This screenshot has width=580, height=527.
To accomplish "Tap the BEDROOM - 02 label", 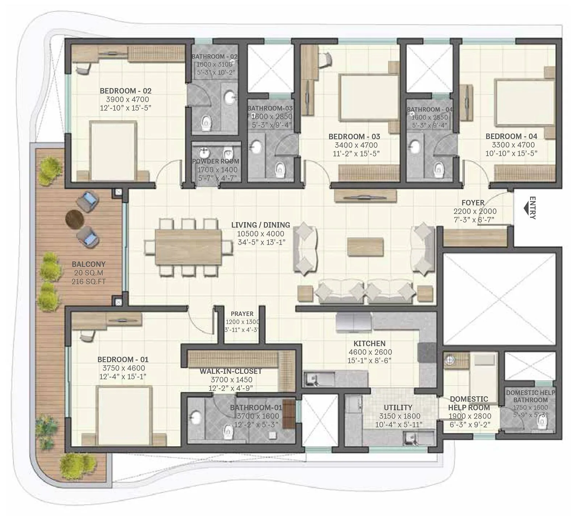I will click(x=125, y=91).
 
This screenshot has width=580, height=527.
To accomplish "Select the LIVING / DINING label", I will click(x=261, y=225).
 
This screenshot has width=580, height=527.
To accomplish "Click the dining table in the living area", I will click(x=188, y=247).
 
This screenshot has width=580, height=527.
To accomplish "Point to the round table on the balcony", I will click(x=75, y=219).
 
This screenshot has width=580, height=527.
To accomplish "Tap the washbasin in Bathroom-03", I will click(x=257, y=147).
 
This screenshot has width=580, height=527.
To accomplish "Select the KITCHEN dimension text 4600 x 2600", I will click(x=370, y=352).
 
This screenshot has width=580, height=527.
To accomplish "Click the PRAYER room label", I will click(x=242, y=314).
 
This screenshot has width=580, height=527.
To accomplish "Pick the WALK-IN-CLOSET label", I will click(x=231, y=371).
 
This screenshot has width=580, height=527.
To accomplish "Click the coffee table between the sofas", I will click(x=365, y=247).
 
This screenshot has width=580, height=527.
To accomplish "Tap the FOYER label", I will click(x=473, y=203).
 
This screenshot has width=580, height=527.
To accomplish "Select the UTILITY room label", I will click(x=398, y=407).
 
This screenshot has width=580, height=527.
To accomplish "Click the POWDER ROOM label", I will click(x=216, y=161).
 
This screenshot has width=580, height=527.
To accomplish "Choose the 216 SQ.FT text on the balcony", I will click(x=89, y=281).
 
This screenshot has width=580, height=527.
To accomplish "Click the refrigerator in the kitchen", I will click(x=354, y=323).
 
